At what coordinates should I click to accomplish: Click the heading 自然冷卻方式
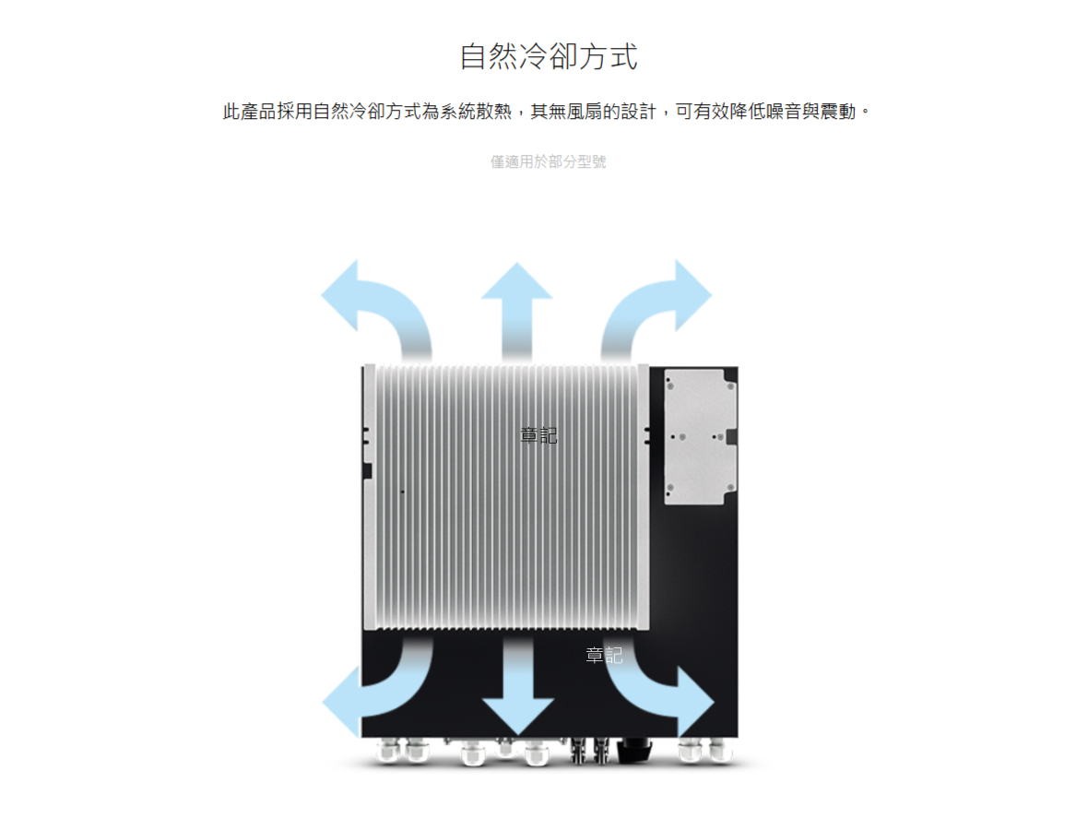pyautogui.click(x=549, y=56)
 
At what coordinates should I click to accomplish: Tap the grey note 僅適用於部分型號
pyautogui.click(x=549, y=161)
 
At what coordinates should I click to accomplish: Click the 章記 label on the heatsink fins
pyautogui.click(x=539, y=435)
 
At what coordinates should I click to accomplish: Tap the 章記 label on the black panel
pyautogui.click(x=604, y=655)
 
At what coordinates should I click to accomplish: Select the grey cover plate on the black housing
pyautogui.click(x=700, y=436)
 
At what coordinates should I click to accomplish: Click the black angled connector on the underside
pyautogui.click(x=634, y=750)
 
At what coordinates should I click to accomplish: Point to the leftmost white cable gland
pyautogui.click(x=387, y=751)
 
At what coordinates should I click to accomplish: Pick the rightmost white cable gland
pyautogui.click(x=720, y=751)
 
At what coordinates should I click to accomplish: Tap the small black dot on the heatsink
pyautogui.click(x=402, y=492)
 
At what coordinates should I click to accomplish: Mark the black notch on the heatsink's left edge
pyautogui.click(x=367, y=472)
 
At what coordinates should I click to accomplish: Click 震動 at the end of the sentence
pyautogui.click(x=838, y=111)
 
